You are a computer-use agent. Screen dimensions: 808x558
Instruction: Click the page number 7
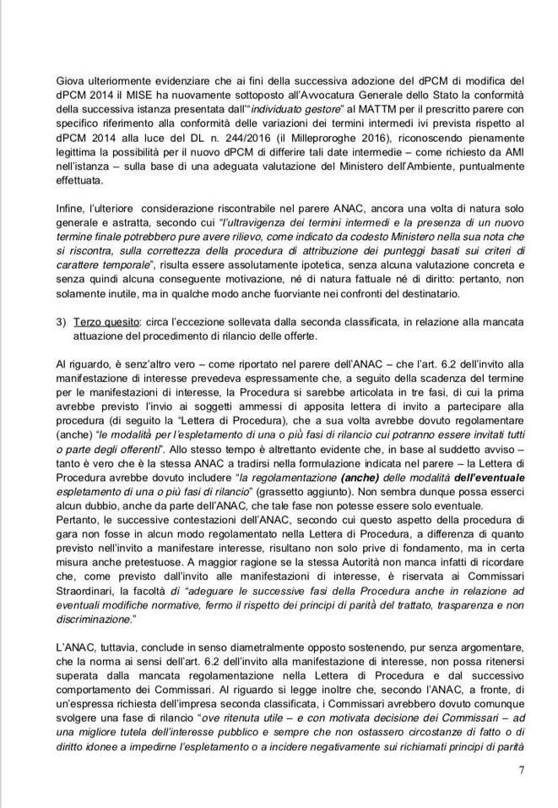[x=522, y=769]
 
